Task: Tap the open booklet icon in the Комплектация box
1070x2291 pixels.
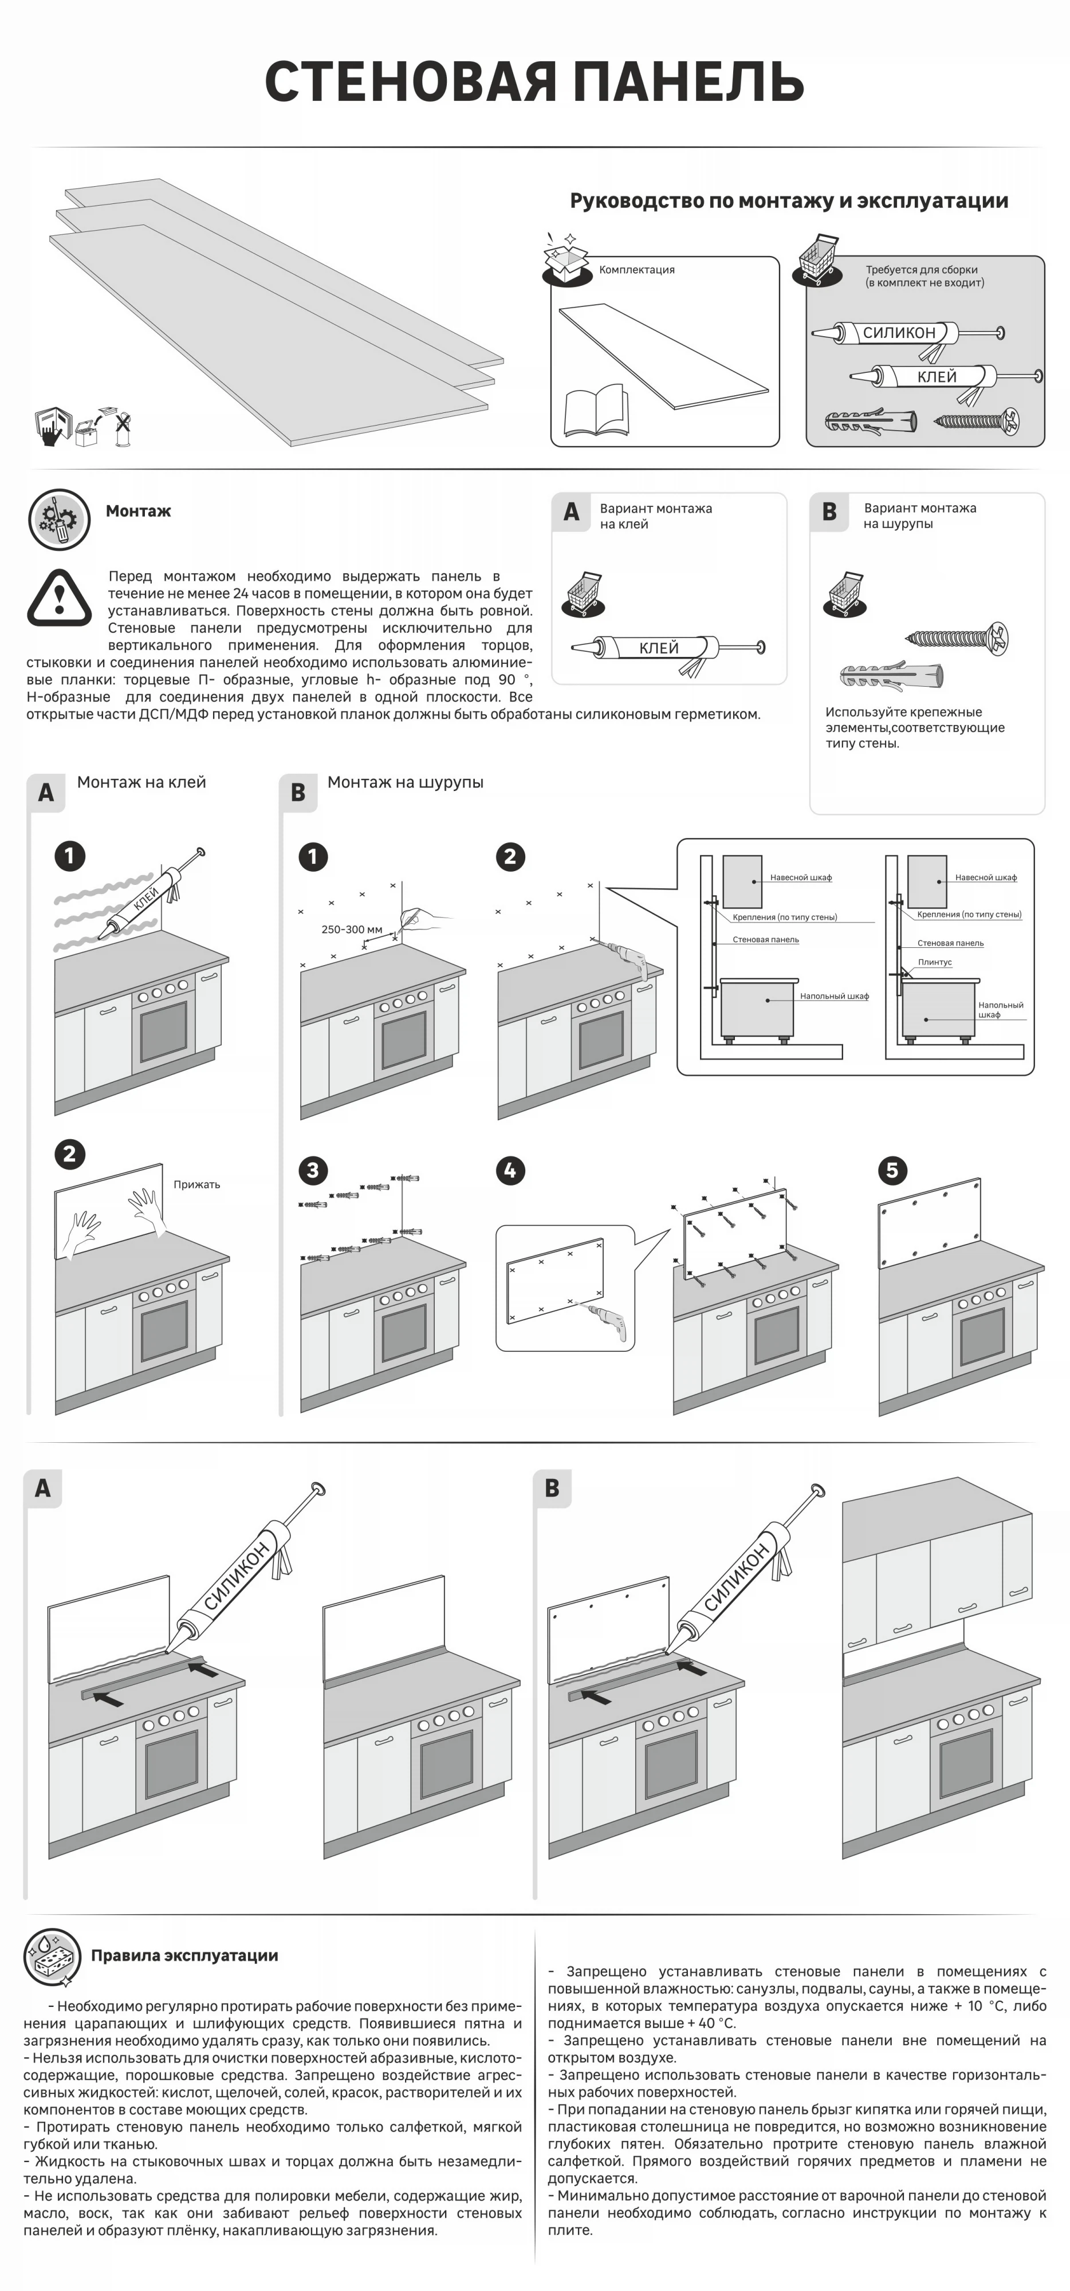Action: (x=595, y=411)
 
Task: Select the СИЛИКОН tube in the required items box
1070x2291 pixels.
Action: (x=900, y=333)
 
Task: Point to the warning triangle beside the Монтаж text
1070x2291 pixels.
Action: (x=58, y=597)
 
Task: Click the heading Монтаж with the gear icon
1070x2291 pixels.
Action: (x=138, y=511)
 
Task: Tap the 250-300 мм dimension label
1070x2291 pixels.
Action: (x=351, y=930)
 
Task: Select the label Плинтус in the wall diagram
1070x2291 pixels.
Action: (x=935, y=962)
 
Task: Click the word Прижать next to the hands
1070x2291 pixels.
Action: (x=196, y=1184)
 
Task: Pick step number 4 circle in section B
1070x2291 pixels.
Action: (x=510, y=1170)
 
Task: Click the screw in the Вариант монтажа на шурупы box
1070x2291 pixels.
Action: (x=957, y=637)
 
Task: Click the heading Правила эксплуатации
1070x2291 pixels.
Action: (x=184, y=1956)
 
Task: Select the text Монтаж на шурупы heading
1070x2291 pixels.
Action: (x=406, y=782)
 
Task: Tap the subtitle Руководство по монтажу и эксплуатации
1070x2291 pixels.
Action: (x=789, y=201)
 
